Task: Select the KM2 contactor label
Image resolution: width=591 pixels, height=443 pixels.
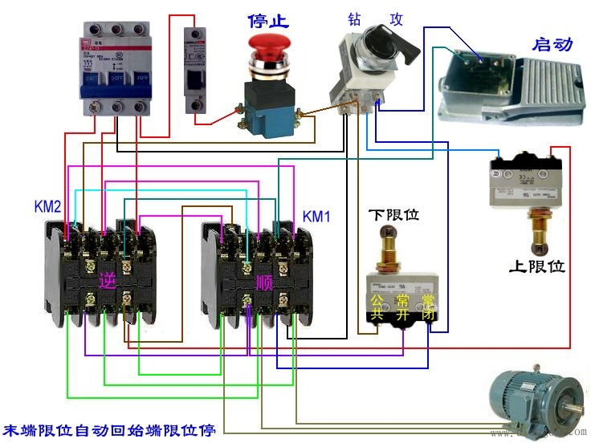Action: tap(47, 206)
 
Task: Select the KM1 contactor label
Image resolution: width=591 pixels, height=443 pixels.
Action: tap(316, 217)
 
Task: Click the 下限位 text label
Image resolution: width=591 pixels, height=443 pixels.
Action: tap(393, 215)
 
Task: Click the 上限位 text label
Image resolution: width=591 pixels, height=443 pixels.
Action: tap(537, 266)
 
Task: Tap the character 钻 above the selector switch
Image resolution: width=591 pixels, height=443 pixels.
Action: tap(355, 18)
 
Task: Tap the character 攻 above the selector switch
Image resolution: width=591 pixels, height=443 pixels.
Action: tap(397, 18)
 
